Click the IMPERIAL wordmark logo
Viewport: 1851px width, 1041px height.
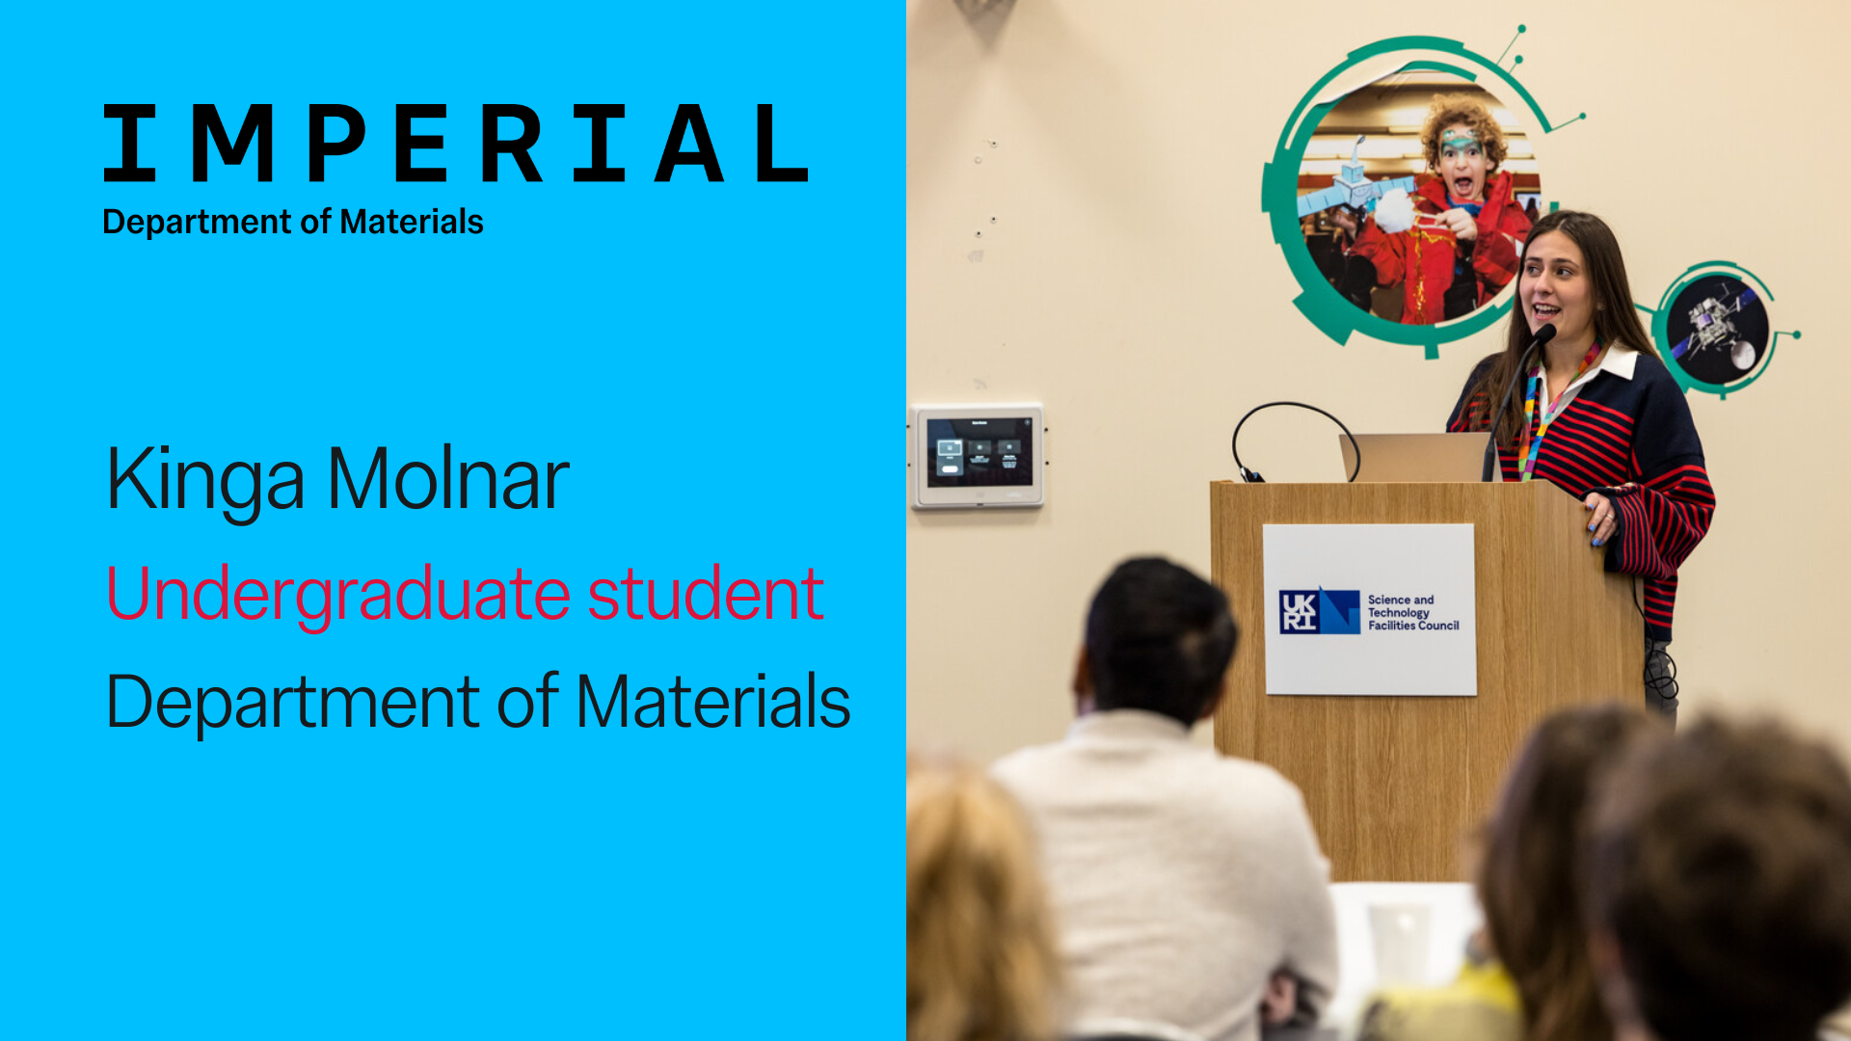(x=455, y=144)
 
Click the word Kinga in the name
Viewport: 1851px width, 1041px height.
(x=205, y=479)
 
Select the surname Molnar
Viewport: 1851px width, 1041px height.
(x=449, y=478)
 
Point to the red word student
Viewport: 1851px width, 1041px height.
(x=706, y=593)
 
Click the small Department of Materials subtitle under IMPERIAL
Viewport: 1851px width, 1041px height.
(x=293, y=222)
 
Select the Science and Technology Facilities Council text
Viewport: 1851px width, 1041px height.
(x=1413, y=612)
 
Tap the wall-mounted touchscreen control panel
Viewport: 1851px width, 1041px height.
(x=978, y=455)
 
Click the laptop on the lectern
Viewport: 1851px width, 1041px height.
(x=1414, y=457)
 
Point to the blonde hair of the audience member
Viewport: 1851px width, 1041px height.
(x=976, y=901)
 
